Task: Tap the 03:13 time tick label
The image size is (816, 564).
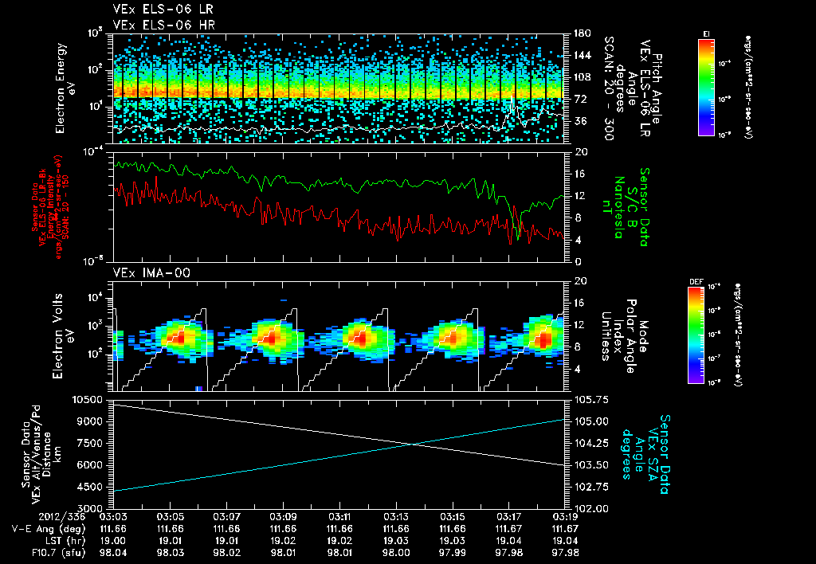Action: point(396,517)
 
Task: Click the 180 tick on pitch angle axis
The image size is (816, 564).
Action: point(579,33)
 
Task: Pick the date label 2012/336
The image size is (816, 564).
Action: point(31,517)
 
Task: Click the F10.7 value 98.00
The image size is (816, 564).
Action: point(396,550)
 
